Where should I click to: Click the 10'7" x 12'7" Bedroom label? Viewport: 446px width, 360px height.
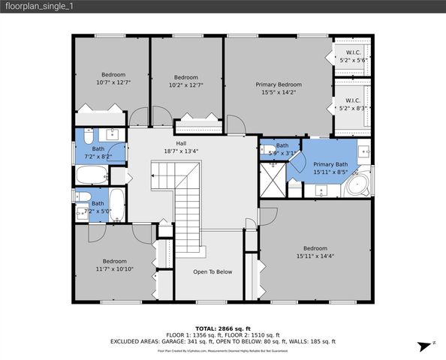115,78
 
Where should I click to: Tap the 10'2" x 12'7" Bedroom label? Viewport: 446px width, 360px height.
185,81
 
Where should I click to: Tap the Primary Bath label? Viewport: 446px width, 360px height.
330,168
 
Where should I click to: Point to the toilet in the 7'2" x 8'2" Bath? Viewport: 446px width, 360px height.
87,138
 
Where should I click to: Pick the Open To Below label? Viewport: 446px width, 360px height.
212,271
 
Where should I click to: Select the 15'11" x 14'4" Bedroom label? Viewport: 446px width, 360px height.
315,252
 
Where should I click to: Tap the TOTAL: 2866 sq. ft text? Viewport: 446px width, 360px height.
222,328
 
